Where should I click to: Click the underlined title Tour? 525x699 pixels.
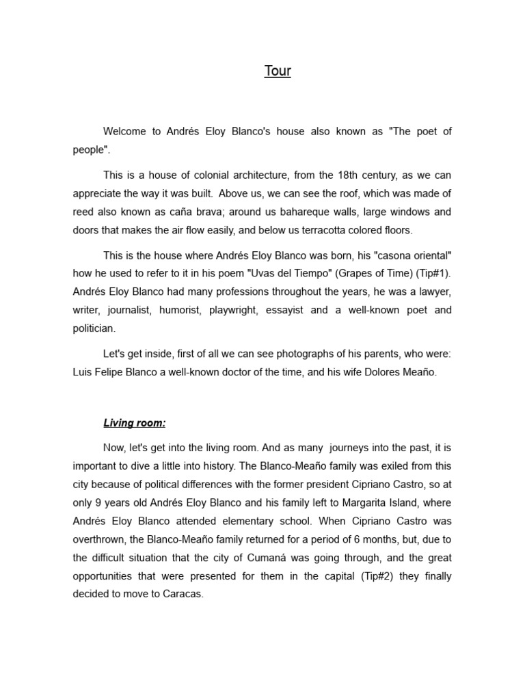(x=278, y=71)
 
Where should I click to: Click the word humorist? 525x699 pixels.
(x=208, y=310)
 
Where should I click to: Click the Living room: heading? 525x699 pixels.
(x=135, y=423)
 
